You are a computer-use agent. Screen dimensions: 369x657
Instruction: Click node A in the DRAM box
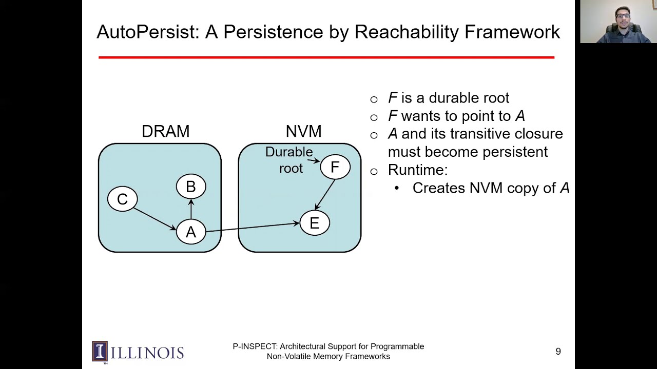click(190, 232)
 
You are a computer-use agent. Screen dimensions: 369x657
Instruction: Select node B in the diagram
click(190, 187)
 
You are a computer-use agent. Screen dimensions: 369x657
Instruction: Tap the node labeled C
click(122, 199)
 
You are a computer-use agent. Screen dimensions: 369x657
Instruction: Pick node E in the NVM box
click(314, 223)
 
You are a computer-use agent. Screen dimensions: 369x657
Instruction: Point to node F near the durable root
click(335, 167)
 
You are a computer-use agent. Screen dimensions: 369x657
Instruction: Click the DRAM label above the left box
click(165, 132)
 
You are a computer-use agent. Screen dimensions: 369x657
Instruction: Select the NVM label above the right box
click(303, 132)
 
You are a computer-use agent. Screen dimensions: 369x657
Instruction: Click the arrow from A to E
click(252, 228)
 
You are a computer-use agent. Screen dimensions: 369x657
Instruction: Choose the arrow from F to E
click(325, 194)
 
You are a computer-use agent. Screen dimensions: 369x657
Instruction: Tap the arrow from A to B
click(191, 209)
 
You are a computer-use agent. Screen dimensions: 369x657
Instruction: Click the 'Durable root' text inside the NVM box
click(289, 160)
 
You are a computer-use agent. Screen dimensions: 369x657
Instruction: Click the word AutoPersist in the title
click(147, 32)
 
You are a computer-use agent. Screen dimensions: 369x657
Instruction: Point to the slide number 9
click(558, 352)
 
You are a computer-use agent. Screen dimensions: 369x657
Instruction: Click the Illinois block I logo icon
click(100, 352)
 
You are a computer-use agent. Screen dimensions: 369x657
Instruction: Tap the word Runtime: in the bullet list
click(417, 170)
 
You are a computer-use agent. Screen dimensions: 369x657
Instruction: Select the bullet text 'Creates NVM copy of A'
click(491, 188)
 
